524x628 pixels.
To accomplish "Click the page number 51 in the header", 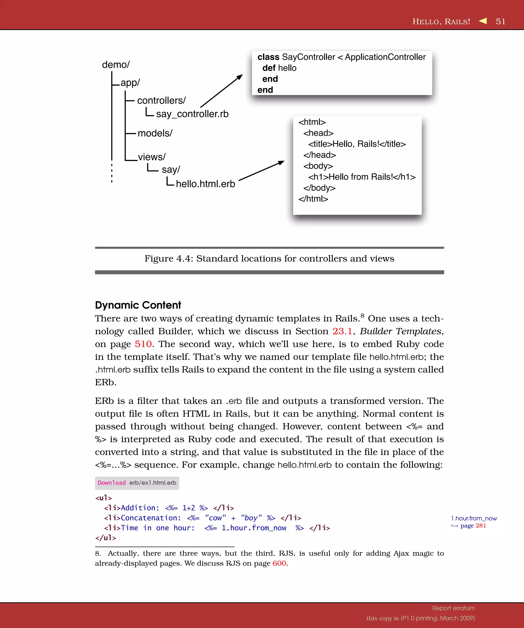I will pos(500,21).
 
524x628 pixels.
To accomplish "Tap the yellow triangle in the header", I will pos(483,21).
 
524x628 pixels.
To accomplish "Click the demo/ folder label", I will pos(116,65).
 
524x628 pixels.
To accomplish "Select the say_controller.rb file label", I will pos(192,114).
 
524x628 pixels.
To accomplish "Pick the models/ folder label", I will pos(155,133).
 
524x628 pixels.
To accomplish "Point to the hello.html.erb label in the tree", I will pos(205,184).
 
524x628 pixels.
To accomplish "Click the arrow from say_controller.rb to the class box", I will pos(221,91).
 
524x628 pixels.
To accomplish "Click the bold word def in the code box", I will pos(269,68).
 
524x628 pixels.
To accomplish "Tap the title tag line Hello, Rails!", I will pos(357,144).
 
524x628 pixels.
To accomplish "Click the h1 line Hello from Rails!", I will pos(362,177).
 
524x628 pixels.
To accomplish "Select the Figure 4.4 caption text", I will pos(269,259).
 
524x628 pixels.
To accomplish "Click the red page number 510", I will pos(143,344).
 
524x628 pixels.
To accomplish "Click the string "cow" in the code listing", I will pos(215,518).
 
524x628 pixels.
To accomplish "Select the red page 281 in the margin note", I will pos(480,526).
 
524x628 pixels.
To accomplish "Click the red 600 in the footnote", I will pos(279,563).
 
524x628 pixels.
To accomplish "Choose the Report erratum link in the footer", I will pos(453,608).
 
